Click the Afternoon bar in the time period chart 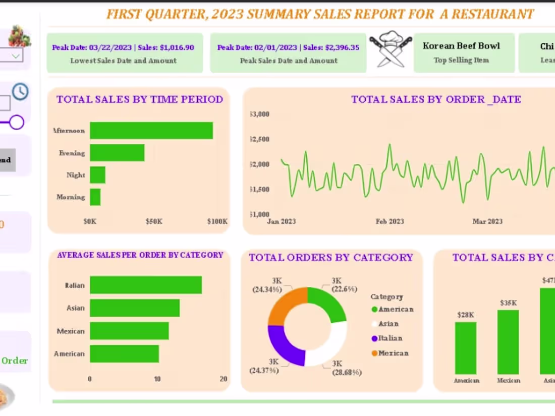(x=151, y=131)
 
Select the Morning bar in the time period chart (x=95, y=197)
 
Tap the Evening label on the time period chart (x=72, y=153)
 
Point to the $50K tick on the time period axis (x=153, y=221)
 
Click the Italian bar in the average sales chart (x=146, y=285)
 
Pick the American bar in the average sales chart (x=124, y=353)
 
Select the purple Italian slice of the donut (x=285, y=346)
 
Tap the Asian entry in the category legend (x=388, y=324)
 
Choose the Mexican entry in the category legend (x=393, y=353)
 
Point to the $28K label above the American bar (x=466, y=315)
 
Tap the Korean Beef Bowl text (x=461, y=46)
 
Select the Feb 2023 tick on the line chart (x=390, y=221)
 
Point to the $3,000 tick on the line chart (x=259, y=114)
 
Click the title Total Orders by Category (x=331, y=258)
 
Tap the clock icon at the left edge (x=20, y=92)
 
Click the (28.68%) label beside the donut (x=347, y=373)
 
